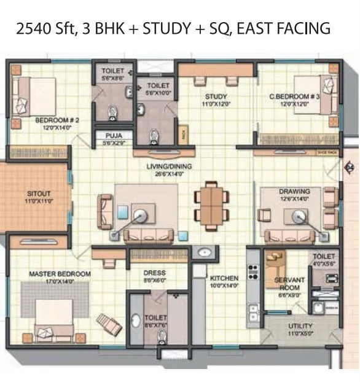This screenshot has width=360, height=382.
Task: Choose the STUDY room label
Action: (x=216, y=96)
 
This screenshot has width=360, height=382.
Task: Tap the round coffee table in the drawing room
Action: (x=300, y=216)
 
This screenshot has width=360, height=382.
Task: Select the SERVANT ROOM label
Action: (x=286, y=284)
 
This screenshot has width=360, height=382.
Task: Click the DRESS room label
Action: (x=155, y=273)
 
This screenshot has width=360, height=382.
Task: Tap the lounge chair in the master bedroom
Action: (x=109, y=323)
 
